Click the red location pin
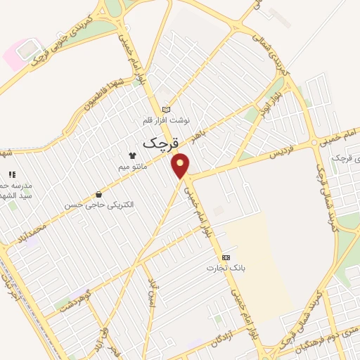(181, 165)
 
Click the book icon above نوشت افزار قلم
(166, 109)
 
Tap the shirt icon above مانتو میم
(131, 155)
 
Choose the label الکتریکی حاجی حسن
(99, 205)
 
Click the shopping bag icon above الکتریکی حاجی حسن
(98, 194)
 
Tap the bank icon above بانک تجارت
(225, 257)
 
